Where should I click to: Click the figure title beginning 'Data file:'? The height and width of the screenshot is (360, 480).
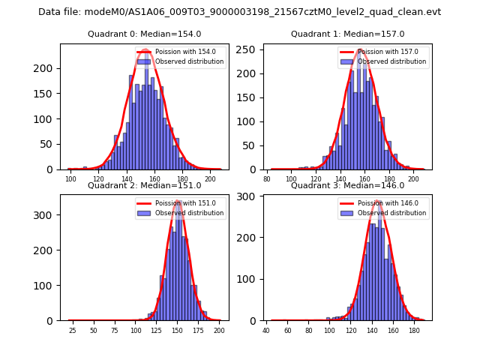(x=240, y=12)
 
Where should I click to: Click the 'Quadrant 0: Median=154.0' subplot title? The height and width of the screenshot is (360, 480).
(x=144, y=34)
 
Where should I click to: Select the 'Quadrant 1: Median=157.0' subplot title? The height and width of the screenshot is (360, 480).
(x=347, y=34)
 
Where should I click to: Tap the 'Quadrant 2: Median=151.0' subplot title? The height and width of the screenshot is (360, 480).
(x=144, y=185)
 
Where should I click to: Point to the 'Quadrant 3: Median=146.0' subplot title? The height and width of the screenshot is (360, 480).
(x=347, y=185)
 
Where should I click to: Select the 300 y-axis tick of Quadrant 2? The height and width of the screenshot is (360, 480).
(x=46, y=215)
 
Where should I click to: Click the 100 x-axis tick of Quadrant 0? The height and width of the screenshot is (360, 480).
(x=70, y=179)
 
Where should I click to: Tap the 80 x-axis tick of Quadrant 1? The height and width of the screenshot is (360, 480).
(x=267, y=179)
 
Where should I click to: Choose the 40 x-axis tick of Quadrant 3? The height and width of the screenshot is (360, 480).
(x=266, y=330)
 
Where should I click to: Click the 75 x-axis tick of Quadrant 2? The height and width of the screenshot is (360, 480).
(x=115, y=330)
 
